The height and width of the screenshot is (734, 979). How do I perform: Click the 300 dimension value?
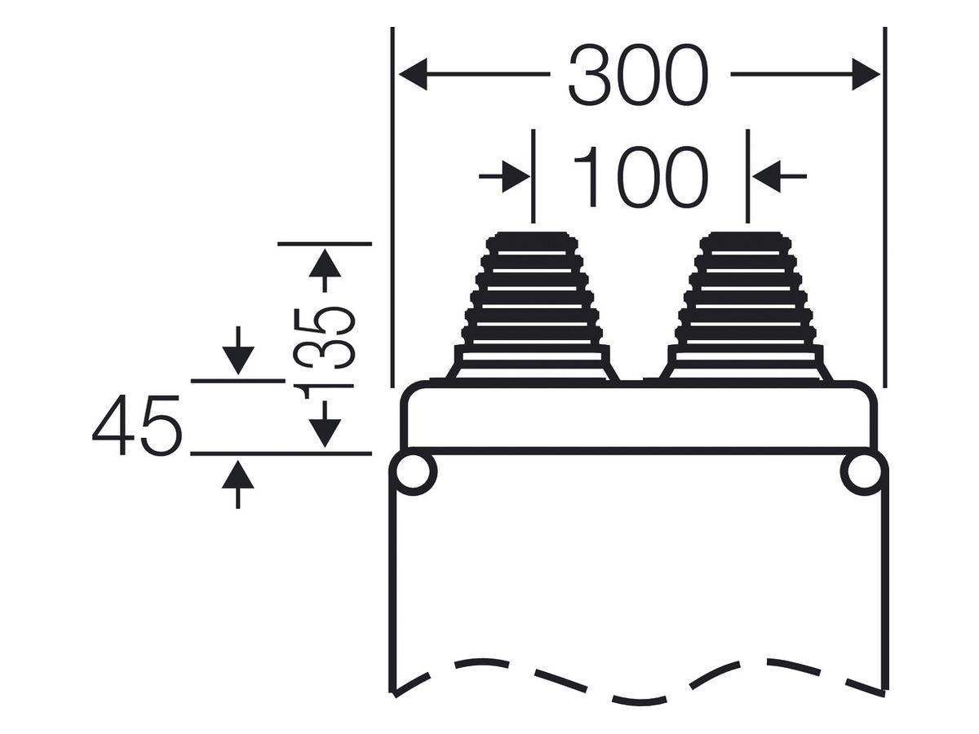click(638, 74)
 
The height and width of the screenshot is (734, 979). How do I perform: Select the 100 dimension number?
click(640, 176)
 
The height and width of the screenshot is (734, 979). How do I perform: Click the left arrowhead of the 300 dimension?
click(413, 74)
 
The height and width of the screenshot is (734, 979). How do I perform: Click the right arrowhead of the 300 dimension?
click(866, 74)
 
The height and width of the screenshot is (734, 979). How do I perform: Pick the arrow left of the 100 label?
click(504, 176)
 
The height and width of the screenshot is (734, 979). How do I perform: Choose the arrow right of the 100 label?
click(779, 176)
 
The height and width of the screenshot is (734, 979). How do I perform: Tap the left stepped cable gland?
click(532, 307)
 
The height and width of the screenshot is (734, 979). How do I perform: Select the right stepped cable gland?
click(746, 307)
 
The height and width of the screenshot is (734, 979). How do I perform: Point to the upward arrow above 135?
click(325, 271)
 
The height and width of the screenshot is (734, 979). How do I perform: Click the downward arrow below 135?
click(325, 424)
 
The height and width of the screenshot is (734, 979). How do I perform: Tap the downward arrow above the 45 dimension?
click(238, 351)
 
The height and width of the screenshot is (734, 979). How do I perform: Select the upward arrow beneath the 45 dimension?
click(238, 485)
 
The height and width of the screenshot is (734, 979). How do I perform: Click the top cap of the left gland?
click(532, 241)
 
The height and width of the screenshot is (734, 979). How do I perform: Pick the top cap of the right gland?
click(746, 241)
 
